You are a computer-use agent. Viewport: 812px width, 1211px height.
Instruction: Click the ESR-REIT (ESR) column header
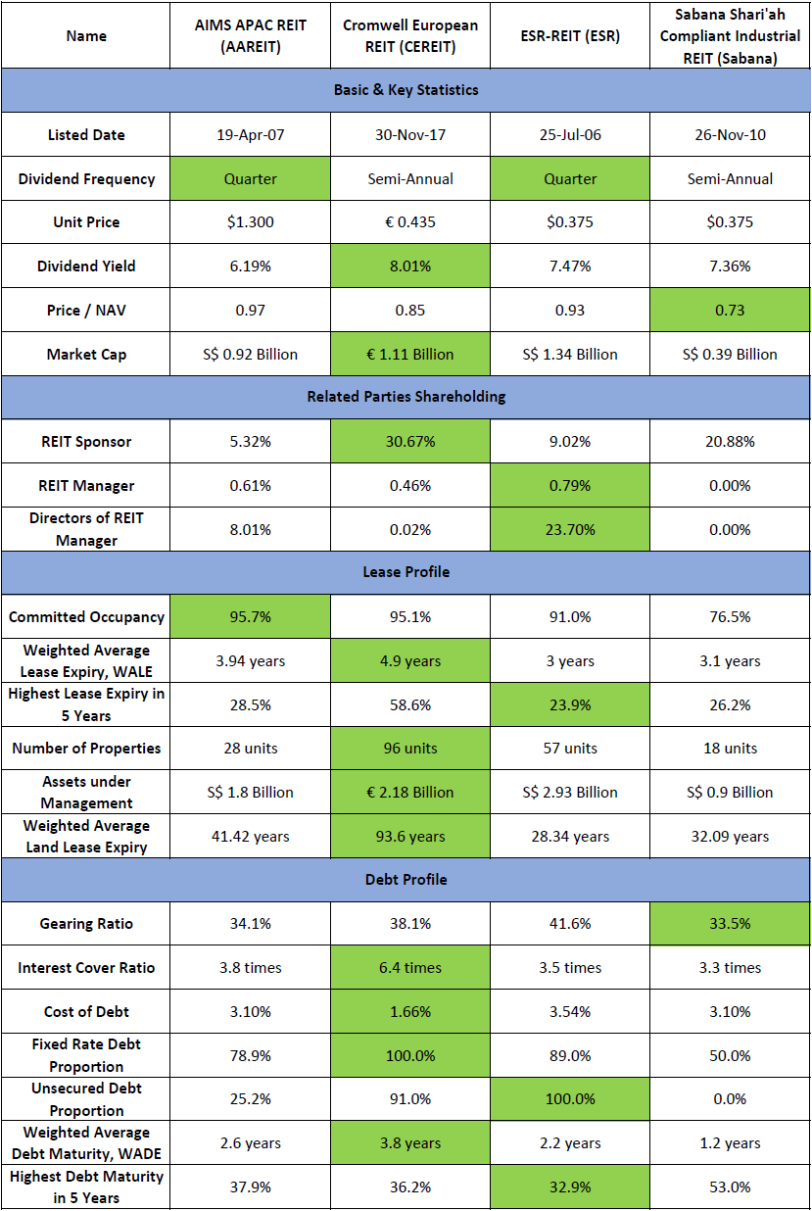click(570, 36)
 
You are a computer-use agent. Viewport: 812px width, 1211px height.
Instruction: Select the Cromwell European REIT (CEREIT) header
click(409, 36)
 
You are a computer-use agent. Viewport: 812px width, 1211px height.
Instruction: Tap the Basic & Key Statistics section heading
click(406, 90)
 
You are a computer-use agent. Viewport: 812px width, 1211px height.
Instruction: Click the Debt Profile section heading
click(406, 880)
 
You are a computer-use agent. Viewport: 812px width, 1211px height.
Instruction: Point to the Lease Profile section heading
click(406, 572)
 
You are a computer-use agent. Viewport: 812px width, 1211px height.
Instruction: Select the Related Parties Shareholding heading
click(406, 397)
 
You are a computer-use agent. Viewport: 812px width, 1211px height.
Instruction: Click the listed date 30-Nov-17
click(409, 135)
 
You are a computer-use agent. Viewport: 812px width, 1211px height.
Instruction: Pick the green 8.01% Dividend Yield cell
click(409, 266)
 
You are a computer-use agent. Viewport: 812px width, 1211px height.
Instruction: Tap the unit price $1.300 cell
click(250, 222)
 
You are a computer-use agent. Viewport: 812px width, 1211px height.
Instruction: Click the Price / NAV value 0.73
click(730, 311)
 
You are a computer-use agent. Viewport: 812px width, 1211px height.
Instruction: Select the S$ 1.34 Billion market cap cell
click(570, 355)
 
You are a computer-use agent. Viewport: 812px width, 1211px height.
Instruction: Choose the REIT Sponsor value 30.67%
click(409, 442)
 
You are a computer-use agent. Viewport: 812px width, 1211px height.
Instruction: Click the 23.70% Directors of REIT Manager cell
click(570, 530)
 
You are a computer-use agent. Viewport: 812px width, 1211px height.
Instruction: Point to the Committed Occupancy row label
click(86, 617)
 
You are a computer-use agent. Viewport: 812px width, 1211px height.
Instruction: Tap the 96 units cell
click(409, 749)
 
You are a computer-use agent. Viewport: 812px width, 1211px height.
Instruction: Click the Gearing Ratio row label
click(86, 924)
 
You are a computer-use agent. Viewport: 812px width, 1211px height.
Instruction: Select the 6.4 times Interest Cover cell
click(409, 968)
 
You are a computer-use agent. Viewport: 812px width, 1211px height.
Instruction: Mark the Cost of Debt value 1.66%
click(409, 1012)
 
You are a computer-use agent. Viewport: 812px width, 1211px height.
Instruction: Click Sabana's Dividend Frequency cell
click(730, 179)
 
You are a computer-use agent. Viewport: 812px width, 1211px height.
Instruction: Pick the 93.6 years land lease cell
click(409, 837)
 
